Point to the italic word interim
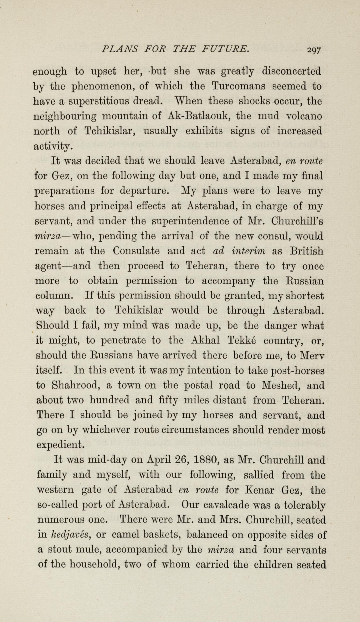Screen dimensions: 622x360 pos(248,251)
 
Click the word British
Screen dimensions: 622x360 pos(307,251)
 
